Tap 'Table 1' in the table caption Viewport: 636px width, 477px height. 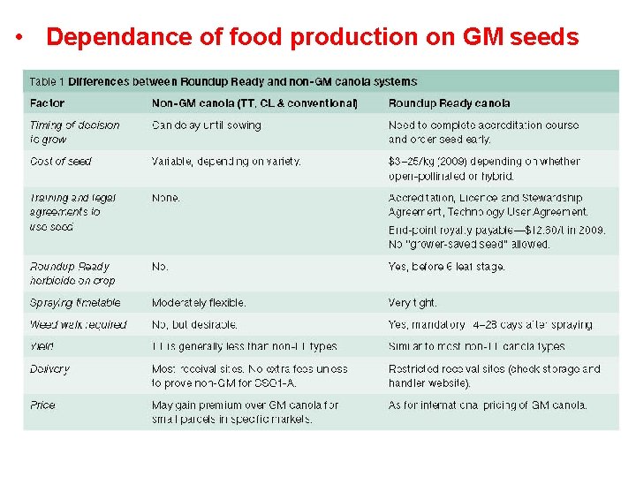pos(47,81)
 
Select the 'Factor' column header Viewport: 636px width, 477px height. pos(47,103)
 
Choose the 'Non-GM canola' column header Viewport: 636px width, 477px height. pos(254,103)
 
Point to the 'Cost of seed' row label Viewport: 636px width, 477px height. pos(61,162)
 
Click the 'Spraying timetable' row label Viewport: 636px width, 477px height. pos(74,303)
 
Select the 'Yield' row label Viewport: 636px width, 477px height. pos(42,346)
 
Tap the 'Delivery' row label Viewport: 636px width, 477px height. pos(49,369)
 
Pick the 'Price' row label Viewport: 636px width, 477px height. pos(42,405)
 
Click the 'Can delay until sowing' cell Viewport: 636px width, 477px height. pos(207,125)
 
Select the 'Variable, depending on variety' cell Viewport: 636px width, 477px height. pos(226,162)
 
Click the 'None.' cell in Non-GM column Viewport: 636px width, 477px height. pos(166,198)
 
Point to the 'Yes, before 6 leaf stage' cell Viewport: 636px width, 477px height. pos(446,267)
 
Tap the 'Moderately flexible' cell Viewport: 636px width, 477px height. pos(199,303)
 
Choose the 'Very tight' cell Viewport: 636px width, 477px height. pos(413,303)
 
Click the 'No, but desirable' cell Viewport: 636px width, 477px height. pos(194,325)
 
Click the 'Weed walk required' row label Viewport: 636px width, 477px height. pos(78,325)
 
